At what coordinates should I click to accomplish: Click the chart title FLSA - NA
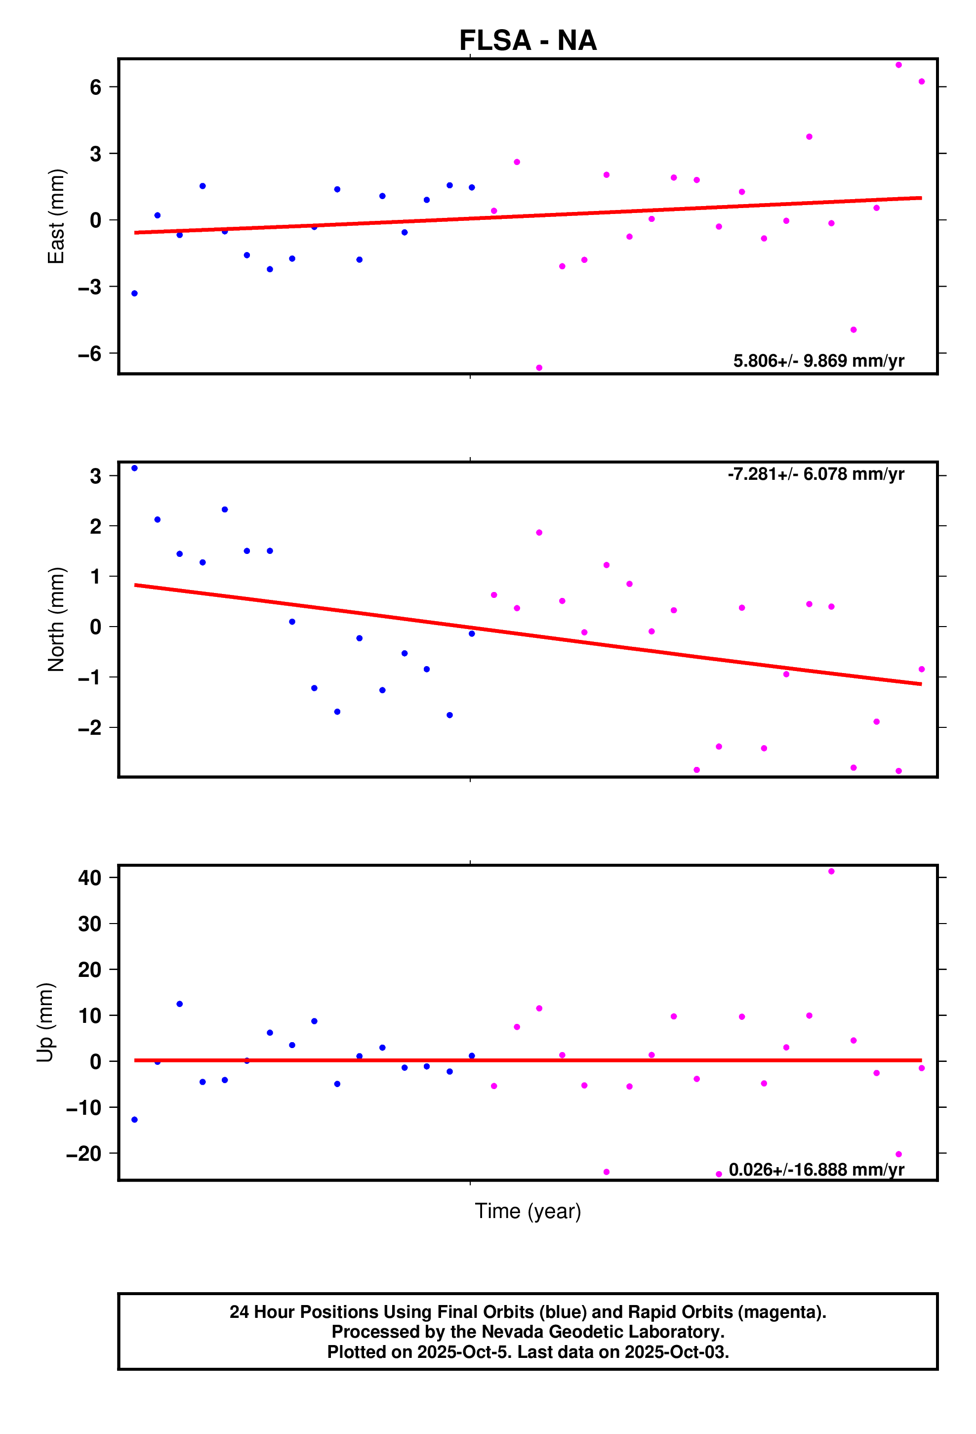click(528, 41)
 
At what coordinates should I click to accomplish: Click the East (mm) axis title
click(56, 216)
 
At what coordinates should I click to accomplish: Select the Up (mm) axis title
click(45, 1022)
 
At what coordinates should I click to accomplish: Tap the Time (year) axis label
click(528, 1211)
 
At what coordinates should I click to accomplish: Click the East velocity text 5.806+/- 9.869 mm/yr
click(818, 361)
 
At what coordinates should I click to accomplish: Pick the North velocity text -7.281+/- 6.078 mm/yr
click(815, 474)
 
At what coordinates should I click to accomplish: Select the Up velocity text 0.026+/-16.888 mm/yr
click(816, 1170)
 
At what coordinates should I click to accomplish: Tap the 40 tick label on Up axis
click(89, 878)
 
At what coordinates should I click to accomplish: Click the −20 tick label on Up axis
click(84, 1153)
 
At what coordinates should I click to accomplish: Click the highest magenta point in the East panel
click(898, 65)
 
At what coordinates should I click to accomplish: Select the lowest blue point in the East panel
click(134, 294)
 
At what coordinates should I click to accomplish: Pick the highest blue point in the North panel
click(134, 468)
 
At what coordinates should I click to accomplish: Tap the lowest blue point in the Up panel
click(134, 1120)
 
